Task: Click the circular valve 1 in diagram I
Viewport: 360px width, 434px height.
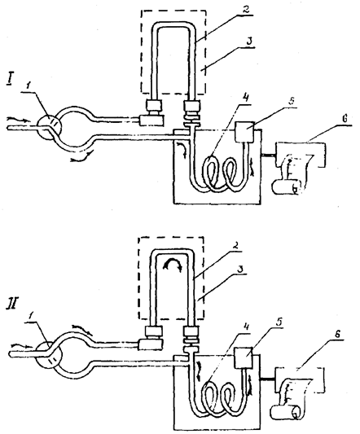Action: (50, 127)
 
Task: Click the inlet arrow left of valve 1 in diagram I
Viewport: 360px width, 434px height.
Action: (17, 120)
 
